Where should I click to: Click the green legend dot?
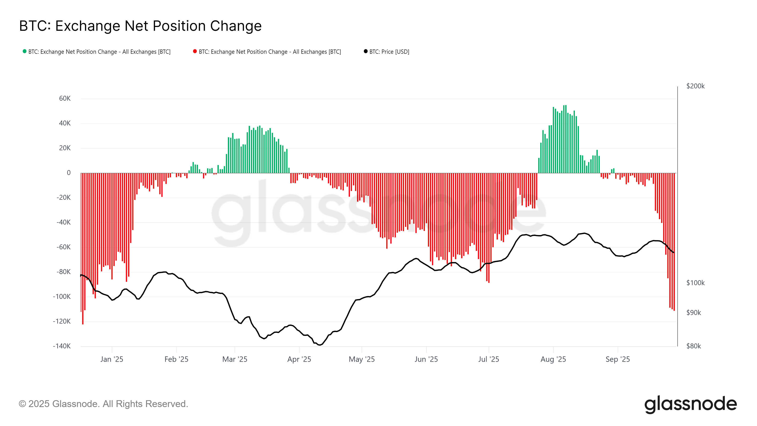[x=25, y=51]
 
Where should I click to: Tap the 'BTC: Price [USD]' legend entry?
[x=389, y=52]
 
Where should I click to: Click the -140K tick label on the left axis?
[x=62, y=346]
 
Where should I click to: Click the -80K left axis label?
[x=63, y=272]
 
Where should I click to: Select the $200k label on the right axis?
[x=695, y=86]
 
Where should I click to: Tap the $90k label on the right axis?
[x=694, y=312]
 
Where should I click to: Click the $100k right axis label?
[x=695, y=283]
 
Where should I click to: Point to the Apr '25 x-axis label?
[x=299, y=359]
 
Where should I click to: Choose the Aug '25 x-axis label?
[x=553, y=359]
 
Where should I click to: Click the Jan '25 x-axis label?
[x=112, y=359]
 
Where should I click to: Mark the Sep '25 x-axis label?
[x=618, y=359]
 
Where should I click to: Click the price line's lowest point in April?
[x=320, y=345]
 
